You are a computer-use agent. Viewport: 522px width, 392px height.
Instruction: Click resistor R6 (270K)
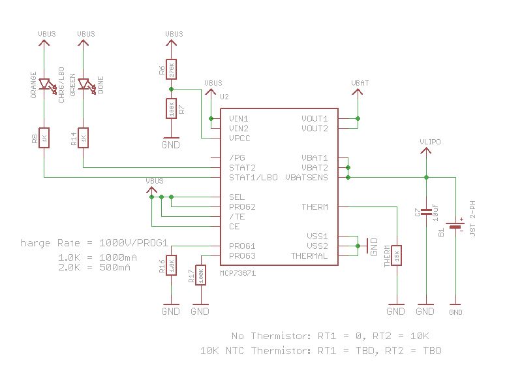coord(171,69)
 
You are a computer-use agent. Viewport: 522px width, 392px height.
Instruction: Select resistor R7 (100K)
coord(171,108)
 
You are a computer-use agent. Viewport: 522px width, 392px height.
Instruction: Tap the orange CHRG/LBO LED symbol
coord(44,85)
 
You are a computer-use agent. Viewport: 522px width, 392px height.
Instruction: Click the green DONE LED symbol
coord(84,85)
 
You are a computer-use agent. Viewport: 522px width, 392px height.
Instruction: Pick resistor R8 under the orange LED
coord(44,138)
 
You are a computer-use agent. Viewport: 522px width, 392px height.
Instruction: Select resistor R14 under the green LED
coord(83,138)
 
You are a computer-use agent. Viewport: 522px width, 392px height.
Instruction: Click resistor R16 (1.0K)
coord(171,266)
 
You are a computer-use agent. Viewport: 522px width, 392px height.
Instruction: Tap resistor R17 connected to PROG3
coord(200,274)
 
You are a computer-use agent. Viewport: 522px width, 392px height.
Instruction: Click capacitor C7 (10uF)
coord(425,212)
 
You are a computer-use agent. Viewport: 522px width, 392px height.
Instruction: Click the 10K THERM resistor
coord(396,255)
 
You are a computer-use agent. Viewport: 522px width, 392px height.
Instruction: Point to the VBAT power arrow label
coord(360,84)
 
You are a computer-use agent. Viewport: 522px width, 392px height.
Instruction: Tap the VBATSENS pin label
coord(307,178)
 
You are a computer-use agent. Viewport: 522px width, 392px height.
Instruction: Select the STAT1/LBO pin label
coord(253,178)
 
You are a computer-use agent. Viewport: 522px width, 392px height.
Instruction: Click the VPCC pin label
coord(239,139)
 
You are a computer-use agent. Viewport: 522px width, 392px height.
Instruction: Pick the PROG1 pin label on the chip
coord(242,246)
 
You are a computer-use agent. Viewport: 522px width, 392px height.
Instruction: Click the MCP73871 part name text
coord(238,273)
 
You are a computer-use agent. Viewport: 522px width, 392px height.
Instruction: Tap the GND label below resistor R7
coord(171,145)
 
